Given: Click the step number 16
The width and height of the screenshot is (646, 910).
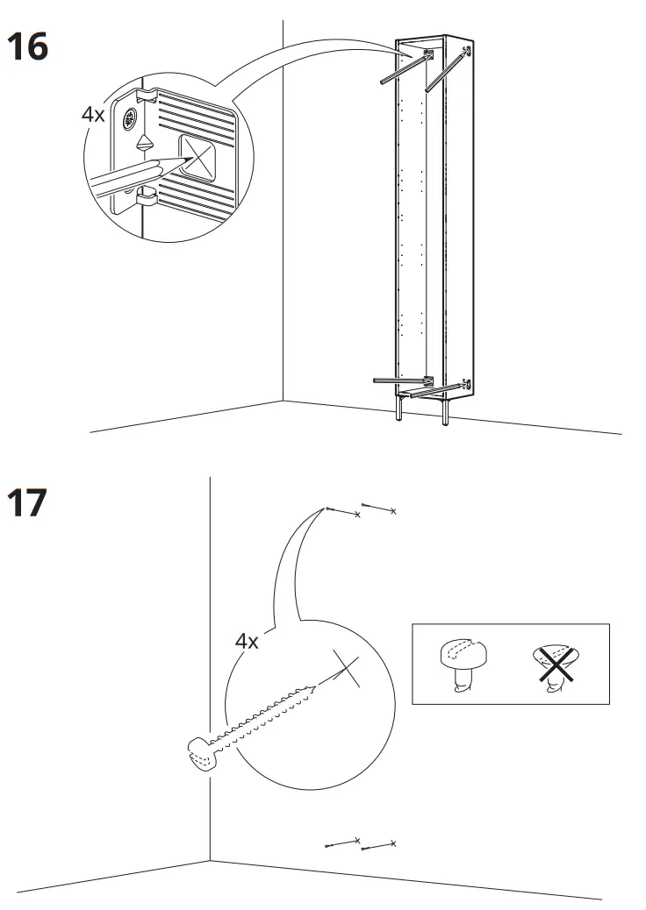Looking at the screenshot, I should point(27,46).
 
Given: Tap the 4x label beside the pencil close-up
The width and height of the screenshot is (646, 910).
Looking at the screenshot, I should point(93,115).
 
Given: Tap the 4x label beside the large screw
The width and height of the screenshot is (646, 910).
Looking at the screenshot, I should point(247,641).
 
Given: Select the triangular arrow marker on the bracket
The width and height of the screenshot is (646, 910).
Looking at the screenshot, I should point(142,142).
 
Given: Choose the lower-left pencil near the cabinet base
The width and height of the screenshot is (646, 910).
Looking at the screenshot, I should point(400,380).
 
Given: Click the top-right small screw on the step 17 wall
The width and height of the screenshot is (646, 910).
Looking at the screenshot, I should point(378,508).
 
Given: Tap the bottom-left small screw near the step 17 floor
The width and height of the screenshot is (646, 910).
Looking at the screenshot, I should point(341,843).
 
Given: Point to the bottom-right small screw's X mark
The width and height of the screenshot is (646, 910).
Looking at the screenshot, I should point(393,843).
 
